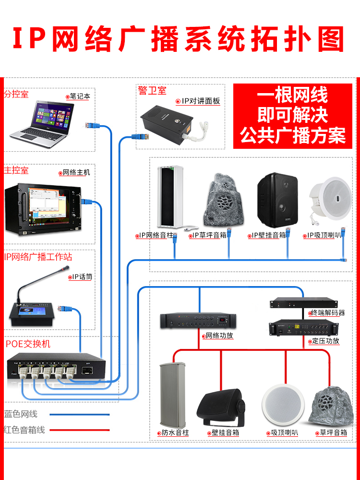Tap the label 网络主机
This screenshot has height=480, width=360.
pos(76,172)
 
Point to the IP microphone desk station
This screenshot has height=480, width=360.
pos(35,312)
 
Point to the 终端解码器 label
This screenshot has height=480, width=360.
pos(328,313)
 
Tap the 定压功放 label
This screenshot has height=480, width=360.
pos(325,341)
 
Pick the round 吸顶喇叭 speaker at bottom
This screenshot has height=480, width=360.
pos(282,405)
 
